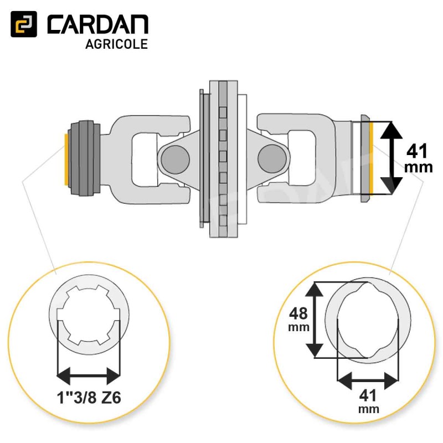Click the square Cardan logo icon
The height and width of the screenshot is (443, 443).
pos(24,24)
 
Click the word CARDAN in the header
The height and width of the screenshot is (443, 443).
pos(98,25)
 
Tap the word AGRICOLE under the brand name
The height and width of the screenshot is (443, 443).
pos(117,44)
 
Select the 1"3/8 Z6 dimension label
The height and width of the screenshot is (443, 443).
pos(89,398)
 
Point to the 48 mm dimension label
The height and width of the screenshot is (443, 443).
pos(299,319)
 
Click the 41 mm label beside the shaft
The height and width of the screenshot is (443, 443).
pos(419,158)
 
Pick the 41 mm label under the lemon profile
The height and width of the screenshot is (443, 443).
pos(368,401)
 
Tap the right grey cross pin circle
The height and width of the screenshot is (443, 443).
pos(272,158)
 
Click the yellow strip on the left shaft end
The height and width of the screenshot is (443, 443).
pos(66,159)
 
